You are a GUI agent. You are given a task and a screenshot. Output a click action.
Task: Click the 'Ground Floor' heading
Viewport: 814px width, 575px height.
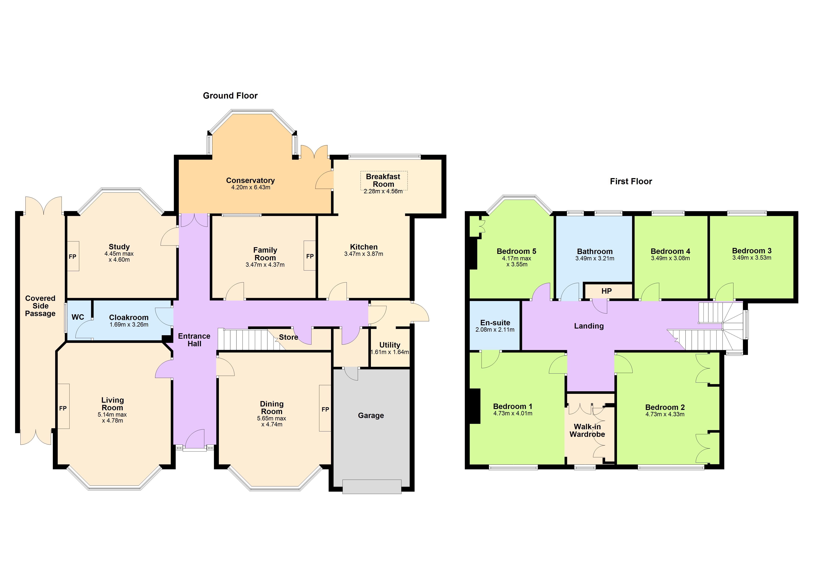(x=230, y=96)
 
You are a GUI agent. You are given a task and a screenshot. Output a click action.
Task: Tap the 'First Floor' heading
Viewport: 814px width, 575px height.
(x=631, y=181)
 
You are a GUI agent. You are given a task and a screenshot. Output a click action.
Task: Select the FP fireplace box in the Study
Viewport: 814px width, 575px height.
(x=73, y=257)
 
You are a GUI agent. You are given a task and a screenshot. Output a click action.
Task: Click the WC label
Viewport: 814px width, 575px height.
(x=78, y=317)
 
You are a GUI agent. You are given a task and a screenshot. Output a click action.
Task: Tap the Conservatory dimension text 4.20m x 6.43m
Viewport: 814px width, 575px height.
(x=251, y=187)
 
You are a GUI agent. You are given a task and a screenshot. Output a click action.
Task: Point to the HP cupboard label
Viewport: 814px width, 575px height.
(x=607, y=291)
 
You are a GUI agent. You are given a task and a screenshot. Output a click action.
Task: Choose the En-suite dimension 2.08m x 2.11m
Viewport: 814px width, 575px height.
(x=495, y=330)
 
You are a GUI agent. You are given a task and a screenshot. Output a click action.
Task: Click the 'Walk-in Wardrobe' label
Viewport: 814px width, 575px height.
(x=587, y=431)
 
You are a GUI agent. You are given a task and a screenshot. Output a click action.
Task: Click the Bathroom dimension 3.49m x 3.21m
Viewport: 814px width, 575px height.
(x=595, y=259)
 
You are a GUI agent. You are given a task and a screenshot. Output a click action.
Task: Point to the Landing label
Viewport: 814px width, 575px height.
(x=589, y=326)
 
